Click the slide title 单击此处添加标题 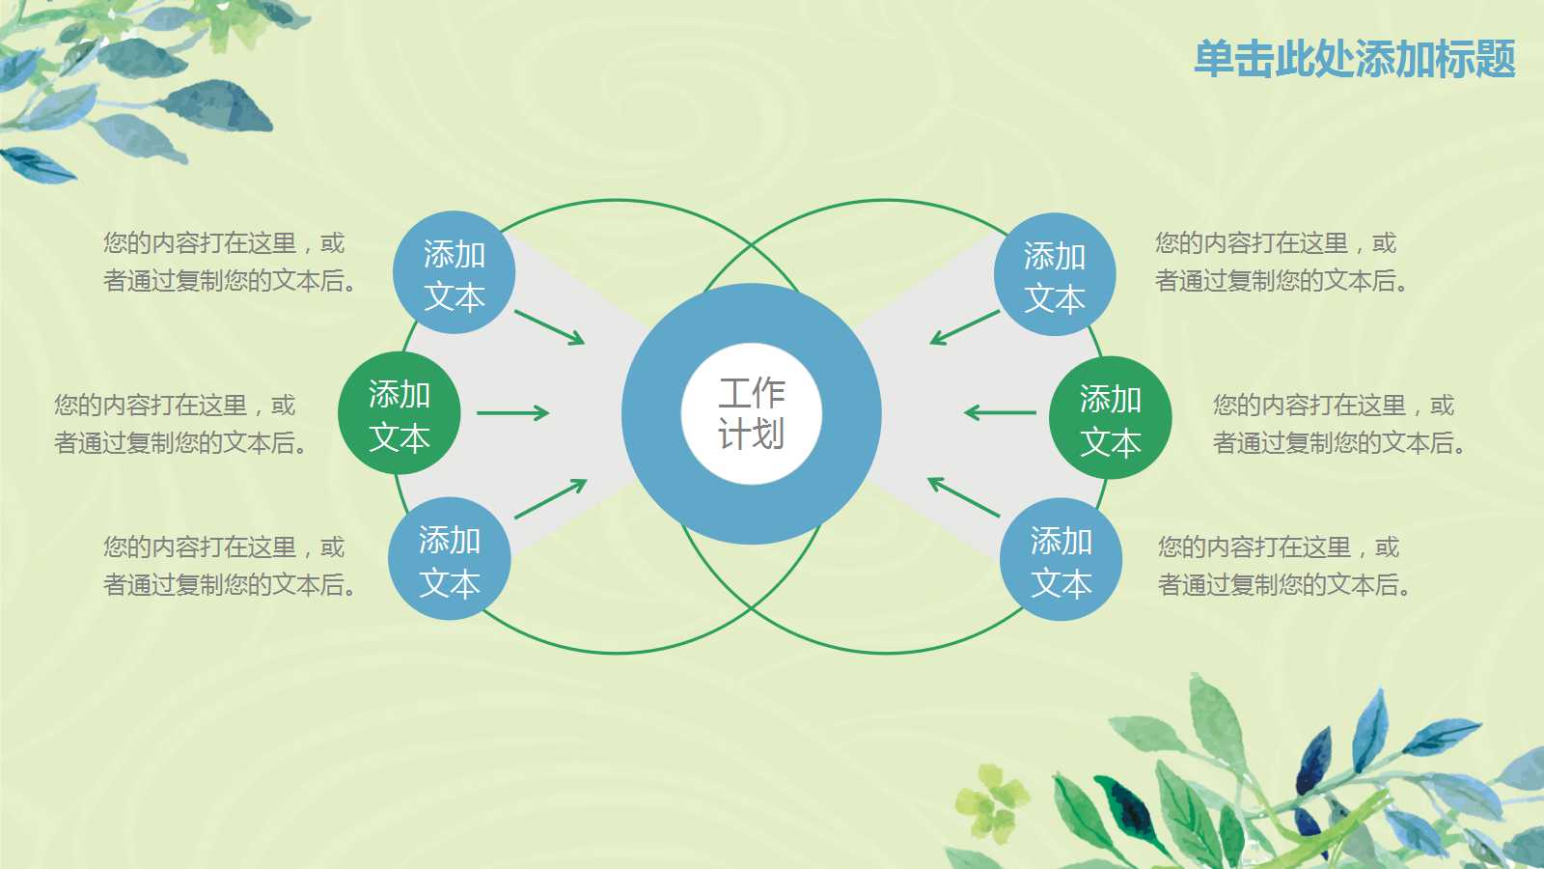pos(1354,59)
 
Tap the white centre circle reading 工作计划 pos(751,413)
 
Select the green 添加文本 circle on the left pos(399,414)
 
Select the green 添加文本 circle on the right pos(1110,418)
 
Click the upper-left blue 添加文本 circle pos(454,274)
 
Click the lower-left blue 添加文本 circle pos(449,559)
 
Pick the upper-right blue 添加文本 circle pos(1054,275)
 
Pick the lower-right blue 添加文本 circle pos(1061,560)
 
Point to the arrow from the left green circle pos(512,413)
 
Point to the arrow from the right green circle pos(1000,413)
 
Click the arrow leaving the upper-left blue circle pos(549,326)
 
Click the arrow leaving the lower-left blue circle pos(550,498)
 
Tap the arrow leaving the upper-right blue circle pos(964,327)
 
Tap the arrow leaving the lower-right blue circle pos(963,496)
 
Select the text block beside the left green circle pos(180,423)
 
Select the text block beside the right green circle pos(1338,423)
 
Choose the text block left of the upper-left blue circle pos(230,262)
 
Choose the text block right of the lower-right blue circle pos(1283,566)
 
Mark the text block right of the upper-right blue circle pos(1281,262)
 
